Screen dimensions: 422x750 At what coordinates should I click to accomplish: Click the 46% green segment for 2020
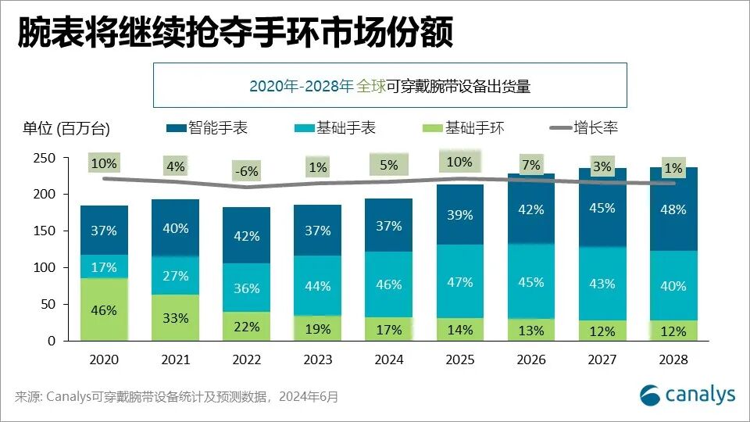coord(104,310)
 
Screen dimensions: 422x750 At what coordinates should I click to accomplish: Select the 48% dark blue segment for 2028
coord(673,209)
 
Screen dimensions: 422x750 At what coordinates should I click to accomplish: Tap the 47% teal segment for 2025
coord(459,282)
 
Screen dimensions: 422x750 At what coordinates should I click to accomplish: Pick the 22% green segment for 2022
coord(246,327)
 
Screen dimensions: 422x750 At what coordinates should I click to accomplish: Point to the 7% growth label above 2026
coord(530,165)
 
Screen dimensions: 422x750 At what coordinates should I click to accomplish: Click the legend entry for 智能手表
coord(207,127)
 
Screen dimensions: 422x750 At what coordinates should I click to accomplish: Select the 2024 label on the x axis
coord(388,360)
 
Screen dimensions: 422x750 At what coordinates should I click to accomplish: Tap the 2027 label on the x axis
coord(602,360)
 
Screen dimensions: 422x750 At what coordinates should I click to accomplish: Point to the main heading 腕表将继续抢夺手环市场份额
coord(234,34)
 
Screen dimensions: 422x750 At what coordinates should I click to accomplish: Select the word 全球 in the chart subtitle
coord(371,87)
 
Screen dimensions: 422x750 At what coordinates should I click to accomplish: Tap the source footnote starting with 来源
coord(177,397)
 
